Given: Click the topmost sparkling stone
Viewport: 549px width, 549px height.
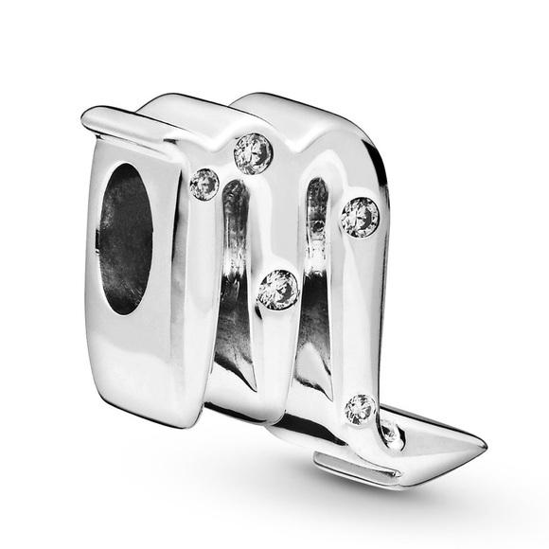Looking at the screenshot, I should point(253,152).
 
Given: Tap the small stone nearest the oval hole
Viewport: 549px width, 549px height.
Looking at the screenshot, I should point(204,183).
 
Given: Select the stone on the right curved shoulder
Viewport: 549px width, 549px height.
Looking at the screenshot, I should point(360,217).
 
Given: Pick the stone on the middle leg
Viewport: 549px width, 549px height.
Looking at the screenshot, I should point(278,288).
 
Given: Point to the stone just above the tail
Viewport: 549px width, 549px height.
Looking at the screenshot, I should point(361,409).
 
